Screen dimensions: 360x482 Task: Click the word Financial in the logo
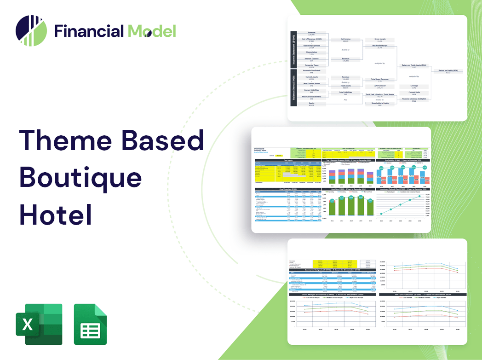tap(89, 31)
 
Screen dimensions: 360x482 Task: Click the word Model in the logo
tap(152, 31)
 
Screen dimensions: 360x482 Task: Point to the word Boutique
tap(80, 177)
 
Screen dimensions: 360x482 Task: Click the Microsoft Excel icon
tap(39, 324)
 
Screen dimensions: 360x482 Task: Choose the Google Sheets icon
tap(90, 324)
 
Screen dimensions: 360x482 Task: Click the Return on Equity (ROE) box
tap(448, 71)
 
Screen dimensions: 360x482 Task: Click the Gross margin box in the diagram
tap(379, 41)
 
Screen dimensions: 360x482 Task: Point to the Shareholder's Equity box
tap(379, 104)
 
